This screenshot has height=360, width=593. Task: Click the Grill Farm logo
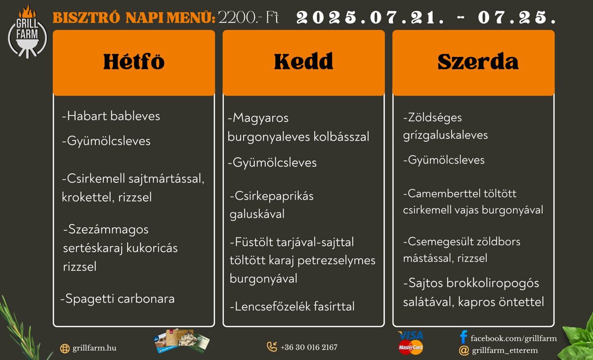(x=27, y=32)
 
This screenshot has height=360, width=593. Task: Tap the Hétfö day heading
(x=134, y=61)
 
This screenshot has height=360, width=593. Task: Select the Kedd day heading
(x=303, y=61)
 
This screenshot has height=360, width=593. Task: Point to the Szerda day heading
(x=478, y=61)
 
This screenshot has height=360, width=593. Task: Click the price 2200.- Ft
(x=248, y=17)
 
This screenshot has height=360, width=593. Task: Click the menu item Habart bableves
(x=111, y=116)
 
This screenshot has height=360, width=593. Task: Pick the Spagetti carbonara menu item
(x=118, y=299)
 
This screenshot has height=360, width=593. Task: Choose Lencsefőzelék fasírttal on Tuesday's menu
(x=292, y=306)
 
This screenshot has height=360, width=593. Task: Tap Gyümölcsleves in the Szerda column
(x=444, y=160)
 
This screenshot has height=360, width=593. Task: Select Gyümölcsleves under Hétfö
(x=106, y=141)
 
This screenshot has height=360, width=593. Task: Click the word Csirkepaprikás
(x=272, y=196)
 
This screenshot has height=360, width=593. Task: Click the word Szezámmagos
(x=106, y=229)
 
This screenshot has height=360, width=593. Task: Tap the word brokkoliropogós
(x=492, y=283)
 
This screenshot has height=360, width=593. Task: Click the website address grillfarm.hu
(x=94, y=348)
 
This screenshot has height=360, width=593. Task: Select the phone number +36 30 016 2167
(x=309, y=347)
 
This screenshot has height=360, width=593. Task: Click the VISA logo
(x=411, y=335)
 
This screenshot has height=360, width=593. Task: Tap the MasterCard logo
(x=411, y=347)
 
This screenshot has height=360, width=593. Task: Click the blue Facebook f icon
(x=464, y=337)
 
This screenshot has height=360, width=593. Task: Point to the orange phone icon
(x=272, y=347)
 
